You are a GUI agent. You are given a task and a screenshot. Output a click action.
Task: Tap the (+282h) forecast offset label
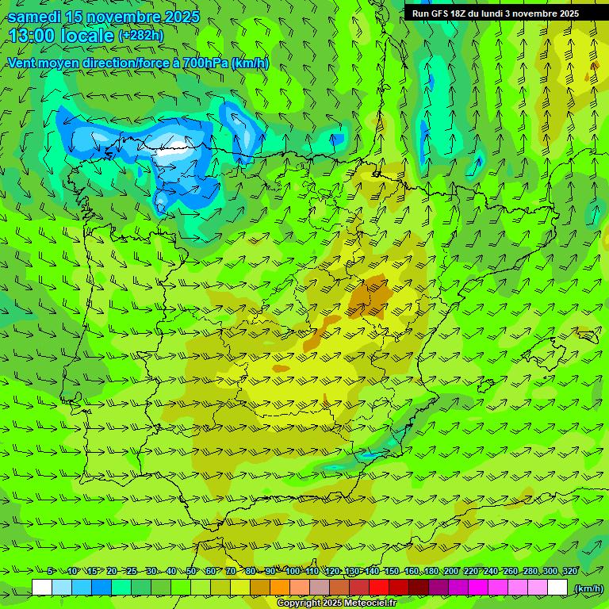pyautogui.click(x=140, y=35)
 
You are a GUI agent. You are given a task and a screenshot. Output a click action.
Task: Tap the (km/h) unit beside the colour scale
pyautogui.click(x=588, y=588)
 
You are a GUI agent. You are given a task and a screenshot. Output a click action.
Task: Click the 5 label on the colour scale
pyautogui.click(x=51, y=572)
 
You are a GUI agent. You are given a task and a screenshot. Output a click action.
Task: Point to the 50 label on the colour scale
pyautogui.click(x=190, y=572)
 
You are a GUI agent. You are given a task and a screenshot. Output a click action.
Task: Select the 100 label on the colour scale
pyautogui.click(x=293, y=572)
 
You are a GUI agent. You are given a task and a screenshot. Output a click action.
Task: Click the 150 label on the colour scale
pyautogui.click(x=392, y=572)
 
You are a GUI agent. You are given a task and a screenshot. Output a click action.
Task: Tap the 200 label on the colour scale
pyautogui.click(x=451, y=572)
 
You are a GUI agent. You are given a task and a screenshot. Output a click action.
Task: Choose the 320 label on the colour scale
pyautogui.click(x=569, y=572)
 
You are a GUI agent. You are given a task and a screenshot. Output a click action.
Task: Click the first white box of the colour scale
pyautogui.click(x=42, y=588)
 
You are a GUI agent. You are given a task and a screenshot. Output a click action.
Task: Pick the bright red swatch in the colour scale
pyautogui.click(x=379, y=588)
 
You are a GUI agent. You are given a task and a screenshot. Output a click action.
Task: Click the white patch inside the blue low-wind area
pyautogui.click(x=175, y=146)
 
